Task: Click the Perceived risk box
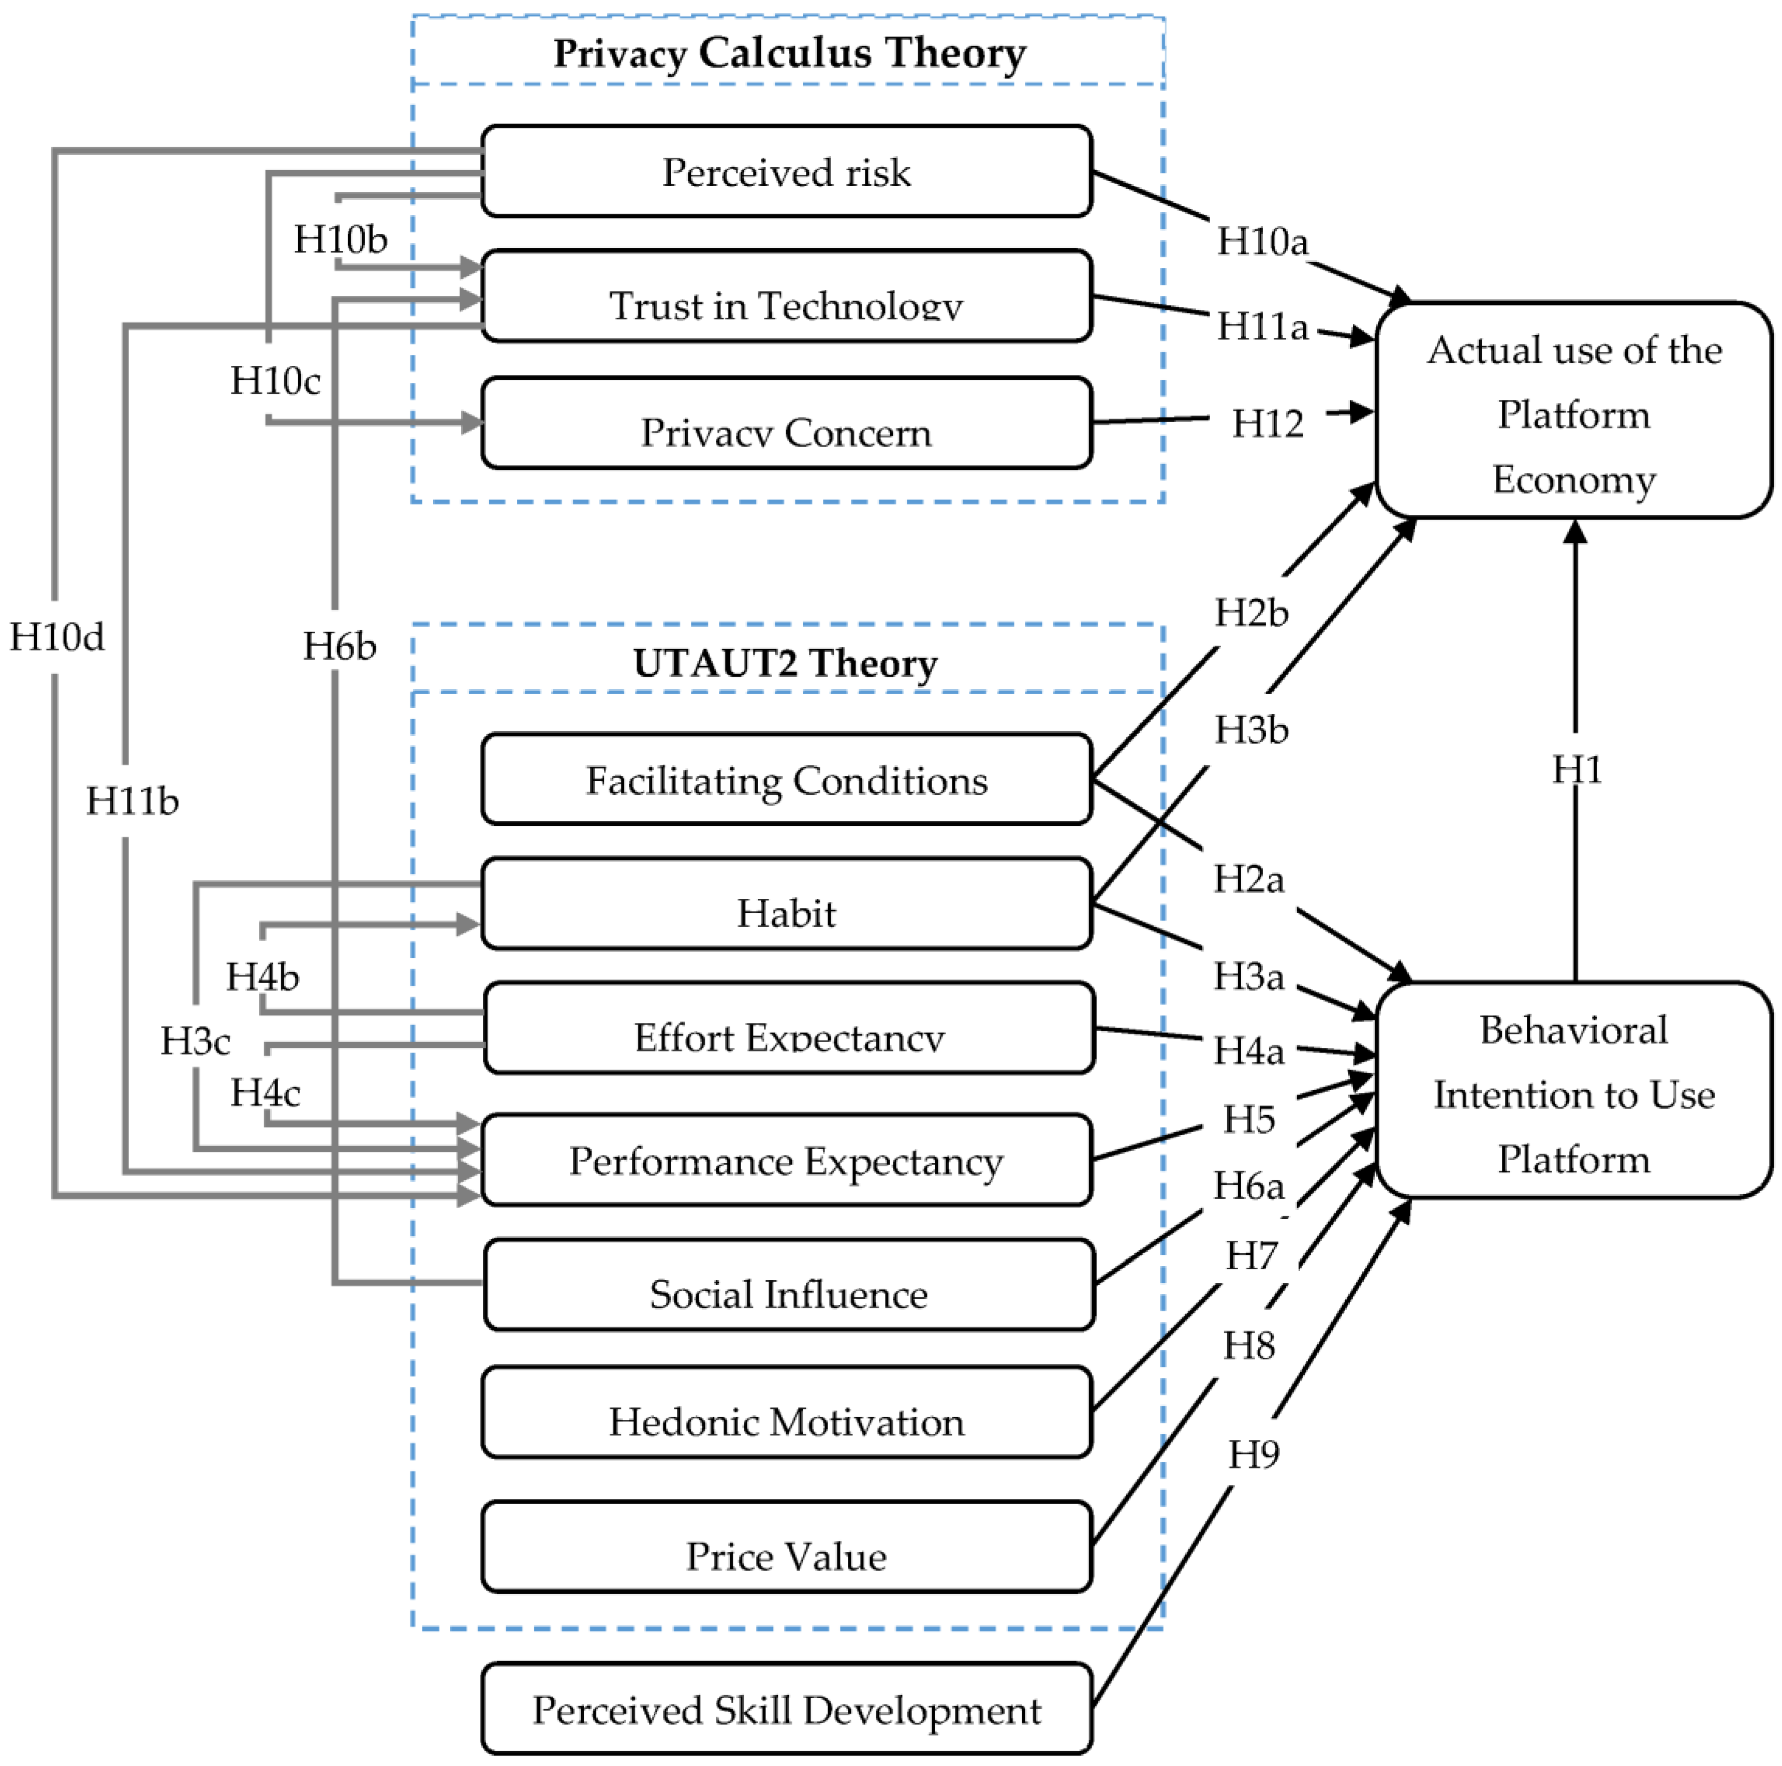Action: pos(787,171)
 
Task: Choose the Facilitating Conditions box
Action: pos(787,779)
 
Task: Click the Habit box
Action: pos(787,904)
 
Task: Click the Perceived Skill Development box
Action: pos(787,1708)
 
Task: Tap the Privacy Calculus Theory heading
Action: pos(789,53)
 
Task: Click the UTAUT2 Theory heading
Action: pos(785,663)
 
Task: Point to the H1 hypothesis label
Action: pos(1577,769)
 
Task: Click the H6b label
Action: pos(340,646)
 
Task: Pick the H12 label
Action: pos(1268,423)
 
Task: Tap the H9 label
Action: pos(1254,1455)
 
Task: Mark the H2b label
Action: pos(1251,612)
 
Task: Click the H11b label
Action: pos(132,800)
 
